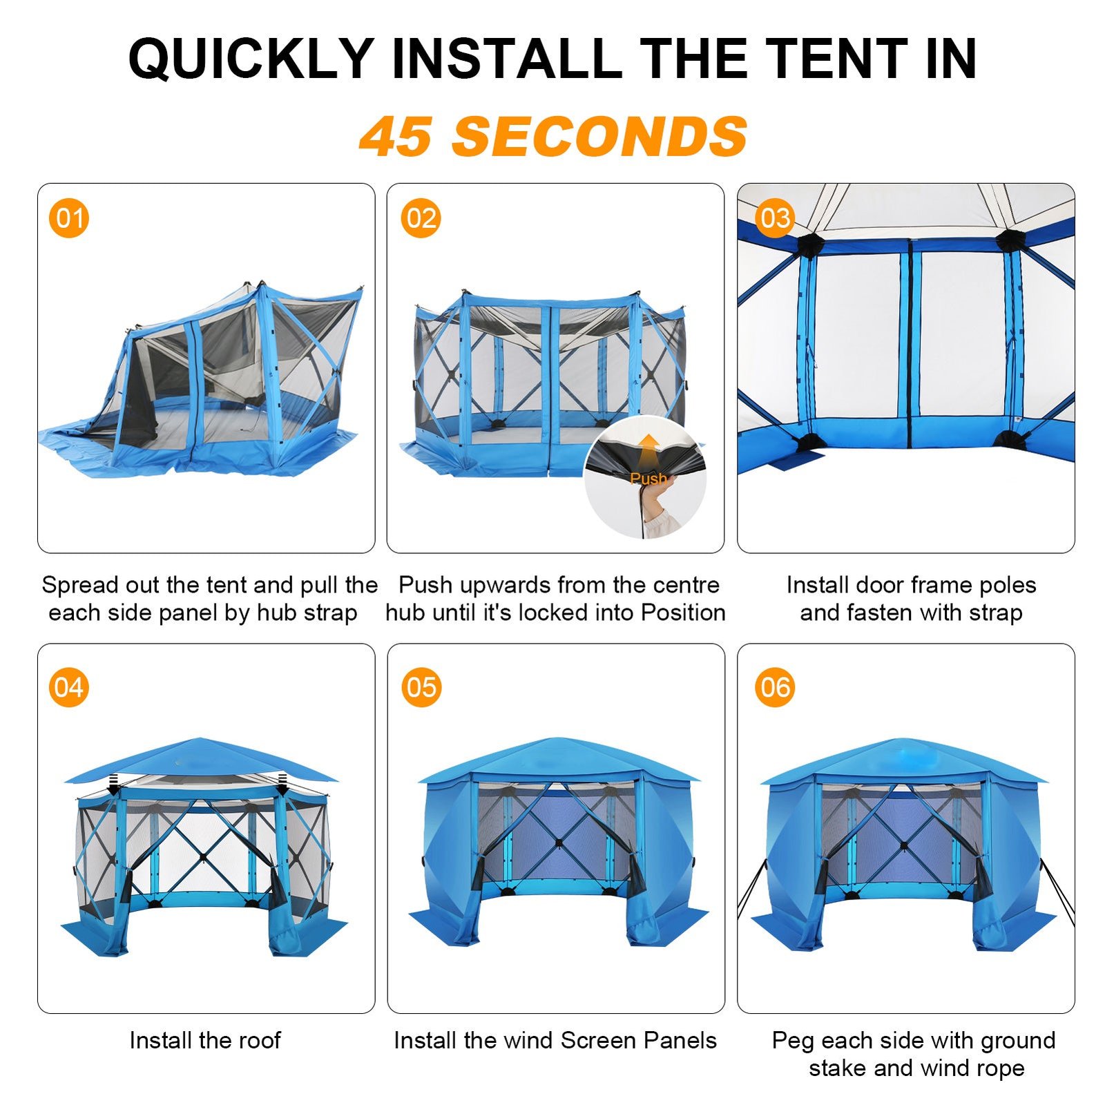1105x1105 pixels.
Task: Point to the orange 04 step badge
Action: coord(69,687)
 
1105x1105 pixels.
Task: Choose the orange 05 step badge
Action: coord(421,687)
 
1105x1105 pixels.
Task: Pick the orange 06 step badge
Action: coord(775,687)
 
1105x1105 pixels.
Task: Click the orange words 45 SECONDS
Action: coord(553,136)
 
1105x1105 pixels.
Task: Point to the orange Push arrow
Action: coord(648,452)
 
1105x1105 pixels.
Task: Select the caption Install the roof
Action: coord(205,1040)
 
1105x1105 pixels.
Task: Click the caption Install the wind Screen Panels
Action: coord(555,1040)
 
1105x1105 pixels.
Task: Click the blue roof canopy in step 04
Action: coord(201,760)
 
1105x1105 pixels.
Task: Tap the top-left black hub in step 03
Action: coord(811,244)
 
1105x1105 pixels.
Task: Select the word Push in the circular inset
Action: coord(648,478)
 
